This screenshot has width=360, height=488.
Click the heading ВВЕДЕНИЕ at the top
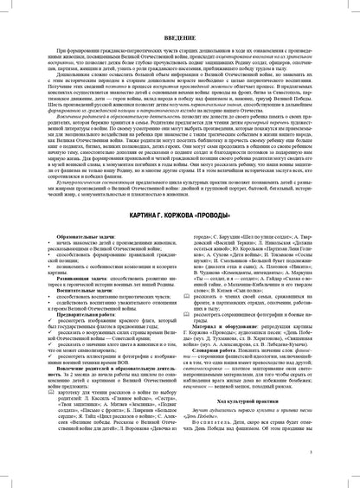pyautogui.click(x=180, y=28)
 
